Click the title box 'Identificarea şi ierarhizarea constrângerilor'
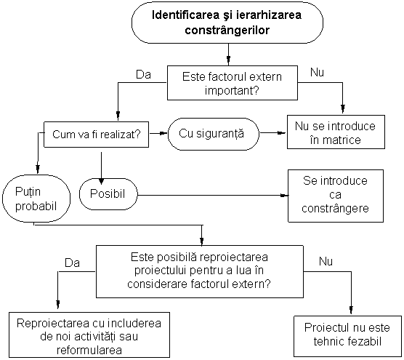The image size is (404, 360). tap(227, 23)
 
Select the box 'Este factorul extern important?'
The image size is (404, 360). tap(233, 83)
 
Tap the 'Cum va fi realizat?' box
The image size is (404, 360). tap(97, 135)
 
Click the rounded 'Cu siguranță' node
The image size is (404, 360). tap(214, 134)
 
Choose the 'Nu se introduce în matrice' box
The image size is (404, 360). tap(336, 132)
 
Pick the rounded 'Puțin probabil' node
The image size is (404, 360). tap(36, 199)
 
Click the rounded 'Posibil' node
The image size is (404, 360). tap(108, 194)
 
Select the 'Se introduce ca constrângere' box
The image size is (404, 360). tap(336, 196)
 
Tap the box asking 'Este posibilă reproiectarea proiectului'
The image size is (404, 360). tap(200, 271)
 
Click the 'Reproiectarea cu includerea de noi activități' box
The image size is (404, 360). tap(89, 335)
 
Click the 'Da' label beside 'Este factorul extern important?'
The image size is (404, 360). tap(143, 75)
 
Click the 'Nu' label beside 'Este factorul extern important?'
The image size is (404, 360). tap(317, 73)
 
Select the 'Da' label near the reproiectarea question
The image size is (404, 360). tap(73, 263)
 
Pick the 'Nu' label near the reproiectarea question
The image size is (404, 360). tap(326, 261)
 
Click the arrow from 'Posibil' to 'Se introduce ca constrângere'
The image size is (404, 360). tap(213, 195)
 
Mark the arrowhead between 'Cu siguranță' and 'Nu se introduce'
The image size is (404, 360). tap(282, 133)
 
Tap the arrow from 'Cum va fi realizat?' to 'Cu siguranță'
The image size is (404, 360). tap(158, 133)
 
